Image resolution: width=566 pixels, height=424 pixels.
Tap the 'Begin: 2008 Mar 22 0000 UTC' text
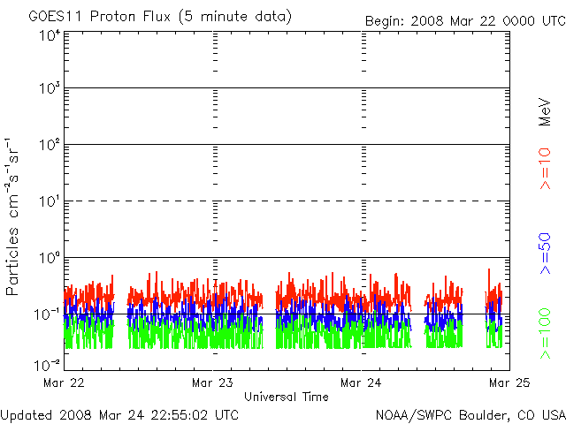coord(463,20)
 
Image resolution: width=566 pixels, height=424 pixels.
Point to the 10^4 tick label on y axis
coord(49,36)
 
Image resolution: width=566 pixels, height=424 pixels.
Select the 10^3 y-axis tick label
coord(49,89)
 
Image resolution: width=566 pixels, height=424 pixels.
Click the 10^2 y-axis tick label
coord(49,146)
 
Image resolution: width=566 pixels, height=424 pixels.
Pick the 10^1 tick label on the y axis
coord(49,202)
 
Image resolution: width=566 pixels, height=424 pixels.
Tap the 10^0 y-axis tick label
coord(49,259)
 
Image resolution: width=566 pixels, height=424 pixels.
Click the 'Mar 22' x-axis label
coord(64,383)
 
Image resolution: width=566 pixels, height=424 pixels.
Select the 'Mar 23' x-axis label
coord(212,383)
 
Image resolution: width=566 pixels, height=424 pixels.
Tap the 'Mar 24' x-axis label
coord(361,383)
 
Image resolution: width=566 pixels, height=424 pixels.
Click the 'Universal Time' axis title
coord(286,397)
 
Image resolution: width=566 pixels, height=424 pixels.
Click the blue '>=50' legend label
coord(545,257)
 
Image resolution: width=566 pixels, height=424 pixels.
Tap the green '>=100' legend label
coord(545,333)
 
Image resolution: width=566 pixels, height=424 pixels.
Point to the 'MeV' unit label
coord(545,112)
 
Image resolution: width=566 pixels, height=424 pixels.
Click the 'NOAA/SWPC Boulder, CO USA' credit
coord(470,413)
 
